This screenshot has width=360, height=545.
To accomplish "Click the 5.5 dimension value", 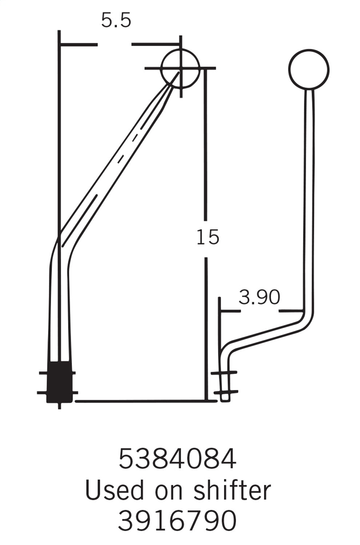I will (x=116, y=21).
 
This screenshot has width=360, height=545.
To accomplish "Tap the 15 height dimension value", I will (x=208, y=237).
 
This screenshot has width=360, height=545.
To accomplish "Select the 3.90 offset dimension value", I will (x=259, y=297).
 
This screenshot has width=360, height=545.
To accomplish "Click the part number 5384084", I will (x=177, y=459).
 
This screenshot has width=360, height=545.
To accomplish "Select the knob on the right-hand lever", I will (x=309, y=69).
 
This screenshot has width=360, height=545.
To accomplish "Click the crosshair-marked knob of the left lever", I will (x=180, y=68).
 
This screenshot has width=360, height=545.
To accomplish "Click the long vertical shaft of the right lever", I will (x=309, y=200).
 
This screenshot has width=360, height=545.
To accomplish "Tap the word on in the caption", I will (x=168, y=490).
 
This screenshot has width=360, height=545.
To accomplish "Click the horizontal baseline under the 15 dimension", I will (x=142, y=401).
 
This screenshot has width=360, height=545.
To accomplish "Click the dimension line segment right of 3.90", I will (x=291, y=311).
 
